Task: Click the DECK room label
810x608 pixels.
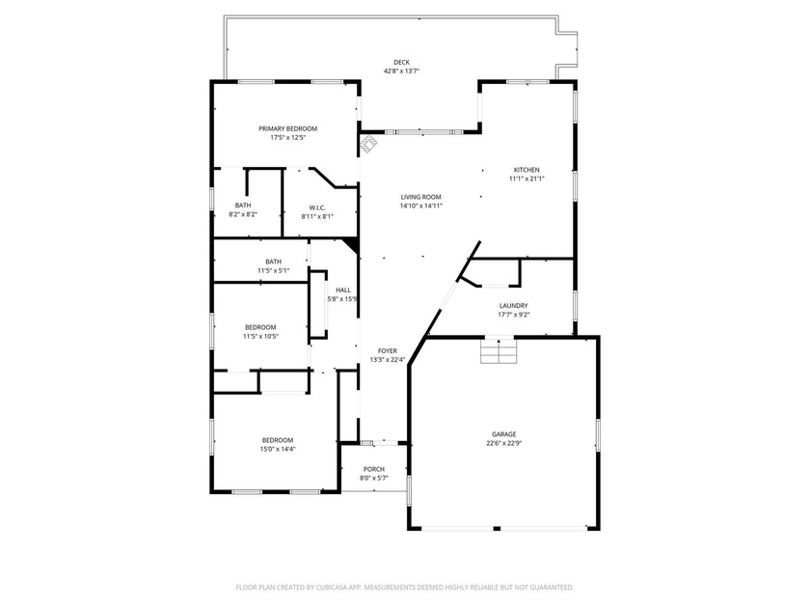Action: point(401,63)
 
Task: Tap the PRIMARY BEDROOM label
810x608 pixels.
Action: point(287,128)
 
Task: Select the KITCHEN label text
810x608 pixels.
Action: point(526,170)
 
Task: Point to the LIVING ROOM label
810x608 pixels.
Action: point(421,197)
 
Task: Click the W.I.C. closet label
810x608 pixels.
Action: point(317,207)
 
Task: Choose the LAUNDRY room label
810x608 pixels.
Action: point(513,306)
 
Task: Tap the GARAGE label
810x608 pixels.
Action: point(503,434)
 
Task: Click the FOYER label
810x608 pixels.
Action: point(388,351)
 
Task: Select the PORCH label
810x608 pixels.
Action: point(373,469)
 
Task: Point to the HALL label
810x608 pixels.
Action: point(343,290)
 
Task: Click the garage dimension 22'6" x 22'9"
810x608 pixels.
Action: point(503,443)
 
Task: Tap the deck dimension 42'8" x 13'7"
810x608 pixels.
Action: point(401,71)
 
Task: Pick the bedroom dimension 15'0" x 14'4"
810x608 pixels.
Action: point(278,450)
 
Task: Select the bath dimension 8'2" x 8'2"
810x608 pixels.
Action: point(243,214)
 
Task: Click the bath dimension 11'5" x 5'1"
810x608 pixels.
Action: point(273,270)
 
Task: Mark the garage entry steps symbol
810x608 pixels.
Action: point(499,350)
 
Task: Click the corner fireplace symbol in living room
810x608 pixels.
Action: point(367,144)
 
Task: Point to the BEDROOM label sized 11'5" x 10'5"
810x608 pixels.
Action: point(260,327)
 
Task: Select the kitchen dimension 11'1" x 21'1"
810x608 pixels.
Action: point(526,179)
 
